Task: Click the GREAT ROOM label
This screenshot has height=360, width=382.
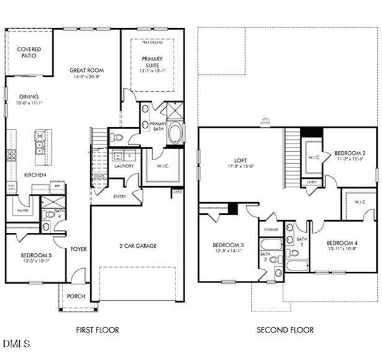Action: point(82,70)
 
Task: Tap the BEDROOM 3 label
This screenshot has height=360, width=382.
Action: point(228,244)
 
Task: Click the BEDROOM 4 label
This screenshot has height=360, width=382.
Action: point(341,243)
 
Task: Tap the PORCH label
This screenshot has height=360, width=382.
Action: point(76,297)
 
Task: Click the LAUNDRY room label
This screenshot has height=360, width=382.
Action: point(124,166)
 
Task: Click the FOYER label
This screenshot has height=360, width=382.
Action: point(79,248)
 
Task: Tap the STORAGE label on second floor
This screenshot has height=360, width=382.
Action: point(270,229)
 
